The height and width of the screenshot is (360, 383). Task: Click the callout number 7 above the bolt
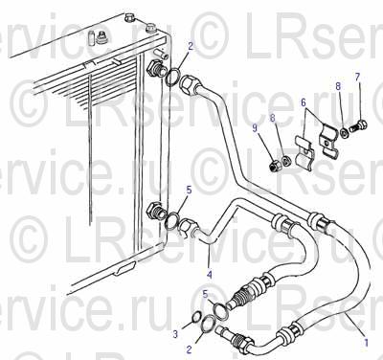pyautogui.click(x=357, y=78)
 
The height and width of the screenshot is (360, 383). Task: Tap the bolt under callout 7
pyautogui.click(x=359, y=127)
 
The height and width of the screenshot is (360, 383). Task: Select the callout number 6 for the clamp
pyautogui.click(x=304, y=102)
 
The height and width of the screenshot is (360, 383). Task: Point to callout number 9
pyautogui.click(x=255, y=128)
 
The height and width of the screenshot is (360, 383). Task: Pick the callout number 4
pyautogui.click(x=210, y=275)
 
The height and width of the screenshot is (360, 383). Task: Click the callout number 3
pyautogui.click(x=175, y=334)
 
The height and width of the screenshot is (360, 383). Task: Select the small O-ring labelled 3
pyautogui.click(x=195, y=318)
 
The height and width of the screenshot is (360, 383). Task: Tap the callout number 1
pyautogui.click(x=366, y=343)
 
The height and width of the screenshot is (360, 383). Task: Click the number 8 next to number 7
pyautogui.click(x=338, y=86)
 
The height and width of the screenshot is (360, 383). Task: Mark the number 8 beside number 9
pyautogui.click(x=272, y=118)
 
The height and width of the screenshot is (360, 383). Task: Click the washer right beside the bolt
pyautogui.click(x=344, y=133)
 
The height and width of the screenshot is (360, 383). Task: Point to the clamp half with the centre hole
pyautogui.click(x=328, y=141)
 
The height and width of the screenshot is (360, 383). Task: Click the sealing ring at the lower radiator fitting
pyautogui.click(x=172, y=221)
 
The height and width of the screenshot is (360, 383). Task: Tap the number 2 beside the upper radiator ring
pyautogui.click(x=191, y=47)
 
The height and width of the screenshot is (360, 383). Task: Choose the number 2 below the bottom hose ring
pyautogui.click(x=189, y=349)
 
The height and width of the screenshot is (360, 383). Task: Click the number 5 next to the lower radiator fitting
pyautogui.click(x=189, y=191)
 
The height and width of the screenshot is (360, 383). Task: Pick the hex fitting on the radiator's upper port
pyautogui.click(x=155, y=68)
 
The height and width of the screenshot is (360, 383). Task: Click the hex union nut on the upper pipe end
pyautogui.click(x=189, y=84)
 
